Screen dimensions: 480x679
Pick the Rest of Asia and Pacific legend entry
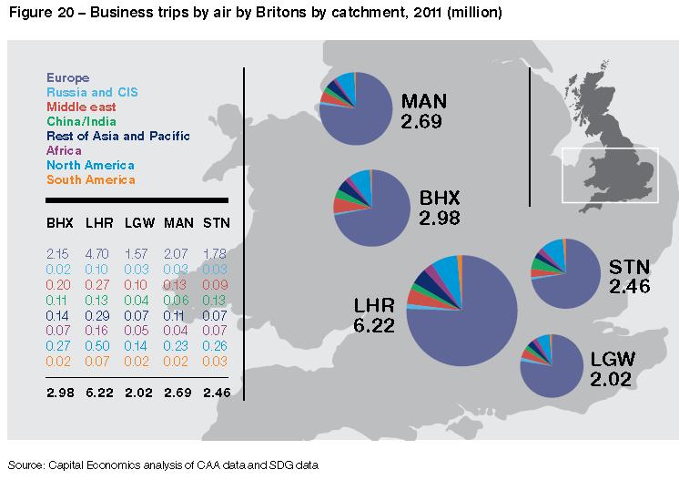coord(117,136)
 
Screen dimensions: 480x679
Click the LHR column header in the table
coord(96,222)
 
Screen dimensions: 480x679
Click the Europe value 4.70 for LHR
coord(96,252)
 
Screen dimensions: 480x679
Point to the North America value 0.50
coord(96,347)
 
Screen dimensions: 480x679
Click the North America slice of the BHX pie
coord(360,185)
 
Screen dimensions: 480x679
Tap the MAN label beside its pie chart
coord(426,100)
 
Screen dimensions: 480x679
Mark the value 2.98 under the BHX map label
coord(440,219)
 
